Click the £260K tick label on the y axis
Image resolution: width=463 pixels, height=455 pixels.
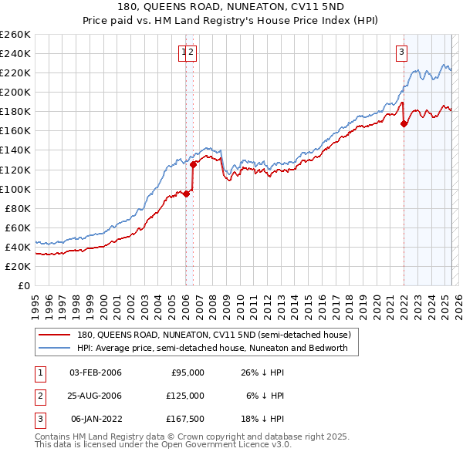(15, 34)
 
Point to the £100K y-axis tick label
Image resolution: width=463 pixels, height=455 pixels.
(15, 189)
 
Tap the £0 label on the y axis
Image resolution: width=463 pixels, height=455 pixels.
(25, 285)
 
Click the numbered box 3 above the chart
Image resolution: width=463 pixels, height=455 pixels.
(402, 52)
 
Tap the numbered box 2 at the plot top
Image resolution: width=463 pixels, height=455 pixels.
(191, 52)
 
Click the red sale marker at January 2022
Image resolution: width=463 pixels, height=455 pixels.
(404, 123)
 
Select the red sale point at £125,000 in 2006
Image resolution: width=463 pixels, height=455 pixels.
(194, 164)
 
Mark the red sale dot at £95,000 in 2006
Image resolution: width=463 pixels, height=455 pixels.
(187, 194)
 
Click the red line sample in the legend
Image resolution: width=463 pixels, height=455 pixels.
(55, 335)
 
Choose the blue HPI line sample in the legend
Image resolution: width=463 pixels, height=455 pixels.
(55, 348)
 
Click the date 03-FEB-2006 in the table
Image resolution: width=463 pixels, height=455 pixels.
(96, 372)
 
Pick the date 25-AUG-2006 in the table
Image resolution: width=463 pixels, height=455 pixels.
(96, 395)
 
